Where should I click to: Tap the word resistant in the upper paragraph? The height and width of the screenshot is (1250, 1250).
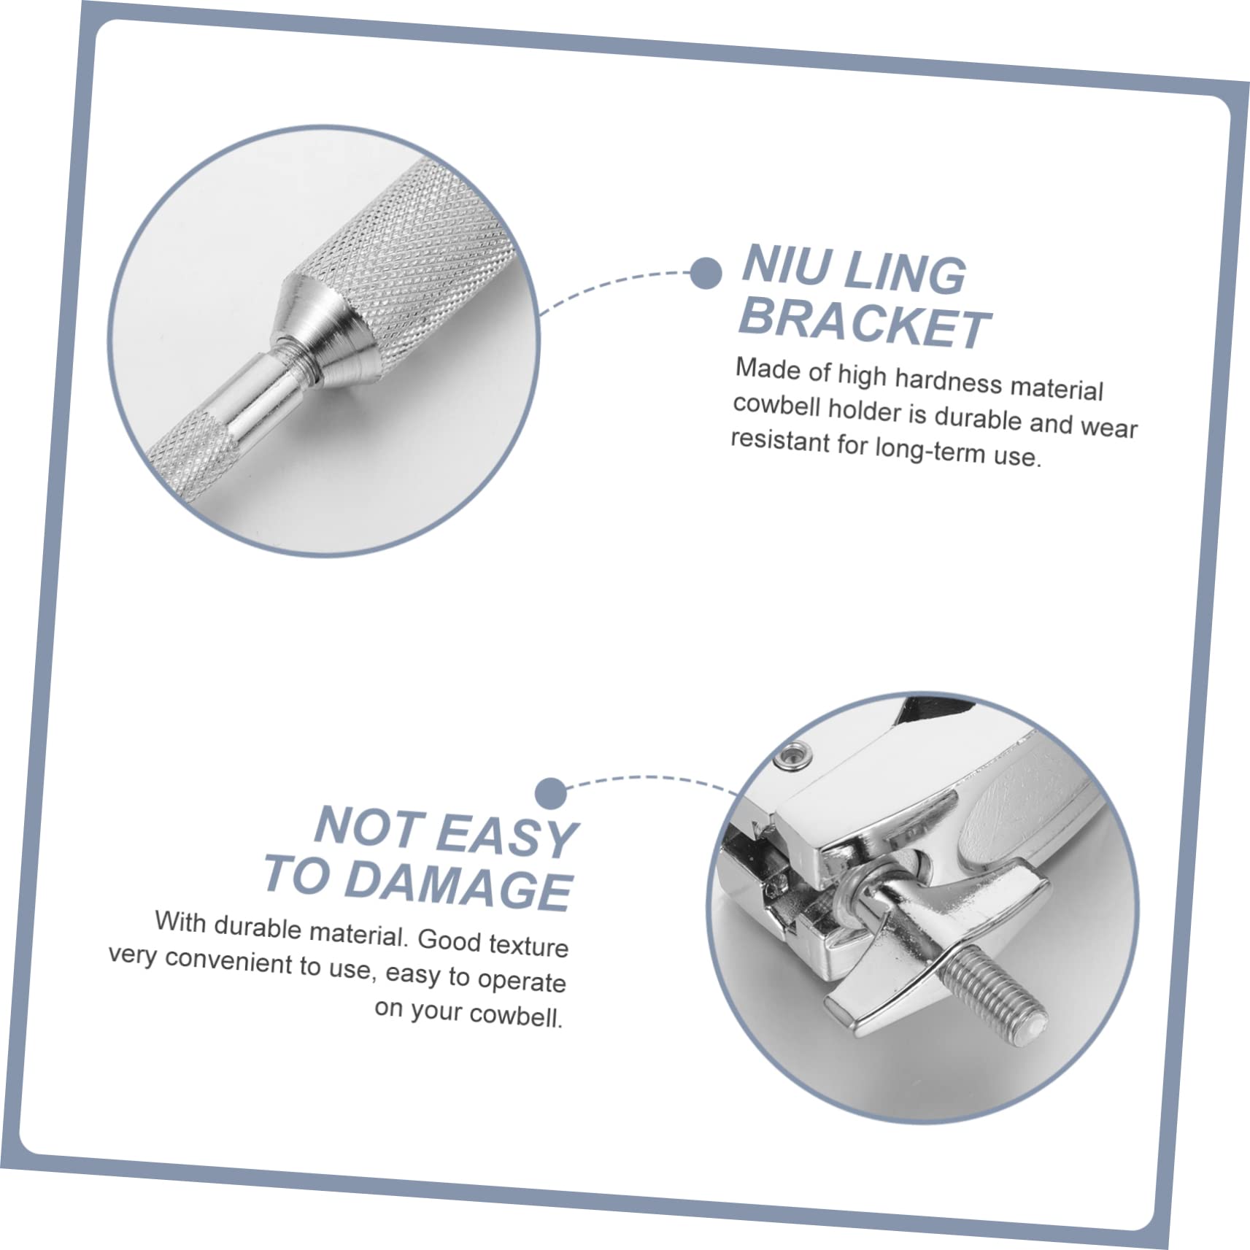tap(780, 441)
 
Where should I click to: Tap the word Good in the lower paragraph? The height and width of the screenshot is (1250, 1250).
tap(449, 939)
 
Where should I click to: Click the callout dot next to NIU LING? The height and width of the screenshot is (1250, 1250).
tap(706, 273)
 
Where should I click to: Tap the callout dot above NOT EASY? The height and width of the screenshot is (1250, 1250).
tap(550, 792)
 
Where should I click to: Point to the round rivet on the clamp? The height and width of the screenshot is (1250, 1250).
tap(795, 752)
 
